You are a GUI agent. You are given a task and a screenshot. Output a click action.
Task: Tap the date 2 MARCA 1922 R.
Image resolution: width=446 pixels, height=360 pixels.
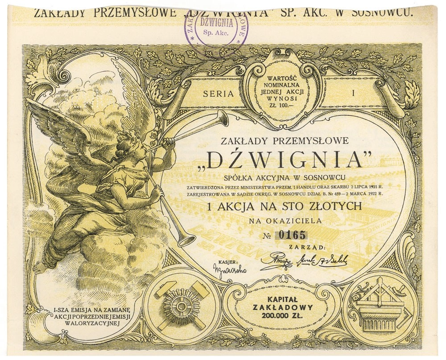click(x=363, y=194)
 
